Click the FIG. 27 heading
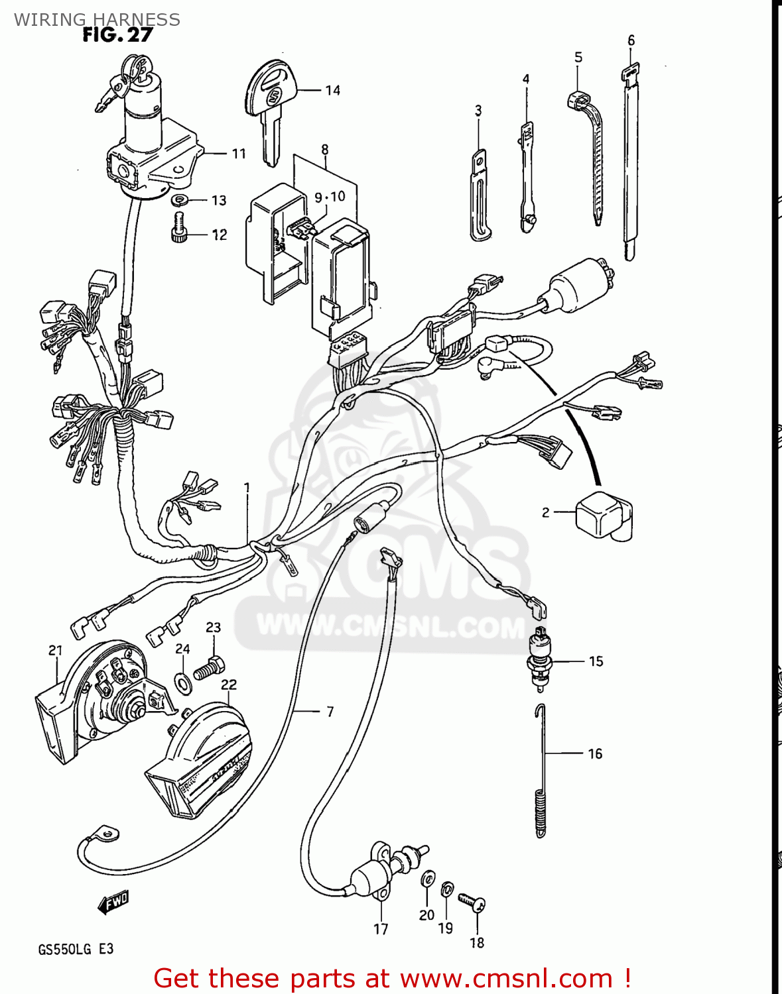(x=117, y=35)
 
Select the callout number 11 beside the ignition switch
(x=239, y=154)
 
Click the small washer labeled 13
(x=178, y=200)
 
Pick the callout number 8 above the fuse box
(x=324, y=150)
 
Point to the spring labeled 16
(x=541, y=772)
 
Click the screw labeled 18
(x=473, y=902)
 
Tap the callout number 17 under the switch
(x=381, y=929)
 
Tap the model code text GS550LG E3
(x=76, y=949)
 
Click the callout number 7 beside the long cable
(x=330, y=712)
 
